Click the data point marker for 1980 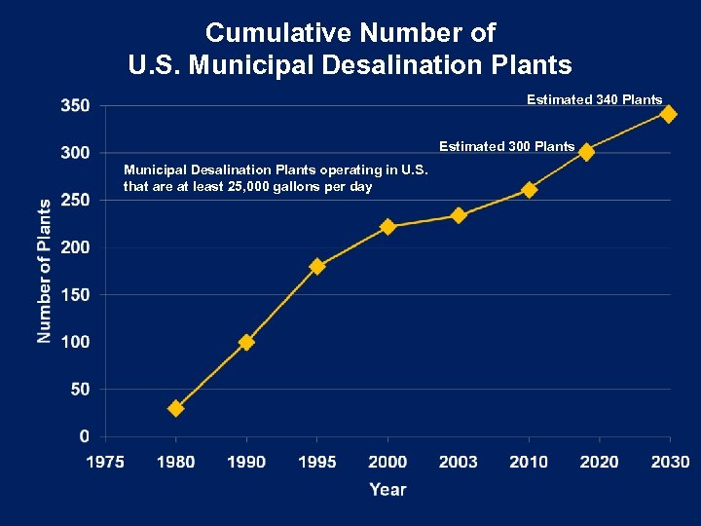click(x=175, y=408)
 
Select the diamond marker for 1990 click(x=246, y=342)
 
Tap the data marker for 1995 click(x=316, y=266)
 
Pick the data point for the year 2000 click(x=387, y=226)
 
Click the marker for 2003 click(x=459, y=215)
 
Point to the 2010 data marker click(x=529, y=189)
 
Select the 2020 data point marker click(x=586, y=151)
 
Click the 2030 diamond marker click(x=668, y=114)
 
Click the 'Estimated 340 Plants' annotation click(x=594, y=99)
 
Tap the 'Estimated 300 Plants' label click(x=506, y=147)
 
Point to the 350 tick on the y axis click(x=76, y=105)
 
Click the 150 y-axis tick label click(x=76, y=294)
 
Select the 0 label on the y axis click(x=87, y=435)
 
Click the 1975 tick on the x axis click(x=105, y=462)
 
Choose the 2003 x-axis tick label click(x=459, y=462)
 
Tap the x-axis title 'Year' click(x=387, y=490)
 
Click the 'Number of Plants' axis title click(x=45, y=271)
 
